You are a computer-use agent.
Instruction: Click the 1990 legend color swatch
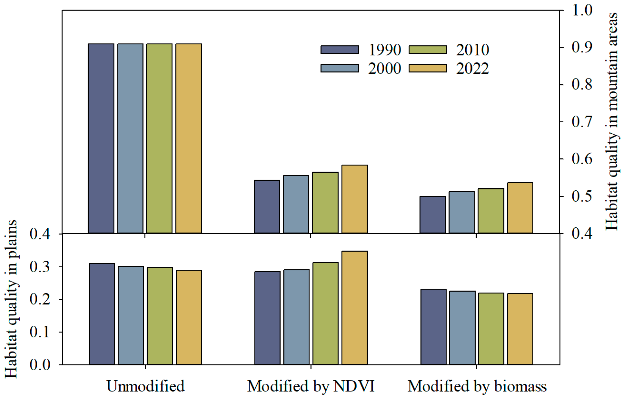340,50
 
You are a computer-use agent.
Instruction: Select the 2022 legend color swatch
428,68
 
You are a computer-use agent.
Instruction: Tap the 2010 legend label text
473,50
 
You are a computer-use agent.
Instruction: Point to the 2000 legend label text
385,68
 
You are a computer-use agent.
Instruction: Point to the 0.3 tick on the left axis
39,267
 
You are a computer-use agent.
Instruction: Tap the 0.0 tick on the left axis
39,365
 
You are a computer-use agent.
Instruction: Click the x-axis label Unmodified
146,386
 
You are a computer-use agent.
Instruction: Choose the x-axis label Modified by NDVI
311,386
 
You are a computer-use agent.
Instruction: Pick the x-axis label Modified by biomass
477,386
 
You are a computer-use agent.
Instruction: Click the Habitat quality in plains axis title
11,299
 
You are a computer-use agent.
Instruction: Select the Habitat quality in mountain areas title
612,121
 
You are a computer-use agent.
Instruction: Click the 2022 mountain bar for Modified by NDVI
354,199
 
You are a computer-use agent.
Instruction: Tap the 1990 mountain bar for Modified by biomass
433,215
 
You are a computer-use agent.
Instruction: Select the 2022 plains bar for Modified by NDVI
354,308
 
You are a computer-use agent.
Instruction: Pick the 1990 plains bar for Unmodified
102,314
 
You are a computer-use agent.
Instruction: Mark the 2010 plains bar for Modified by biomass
491,329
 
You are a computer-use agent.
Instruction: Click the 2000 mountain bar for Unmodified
130,139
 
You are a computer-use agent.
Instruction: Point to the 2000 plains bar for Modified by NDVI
296,317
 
